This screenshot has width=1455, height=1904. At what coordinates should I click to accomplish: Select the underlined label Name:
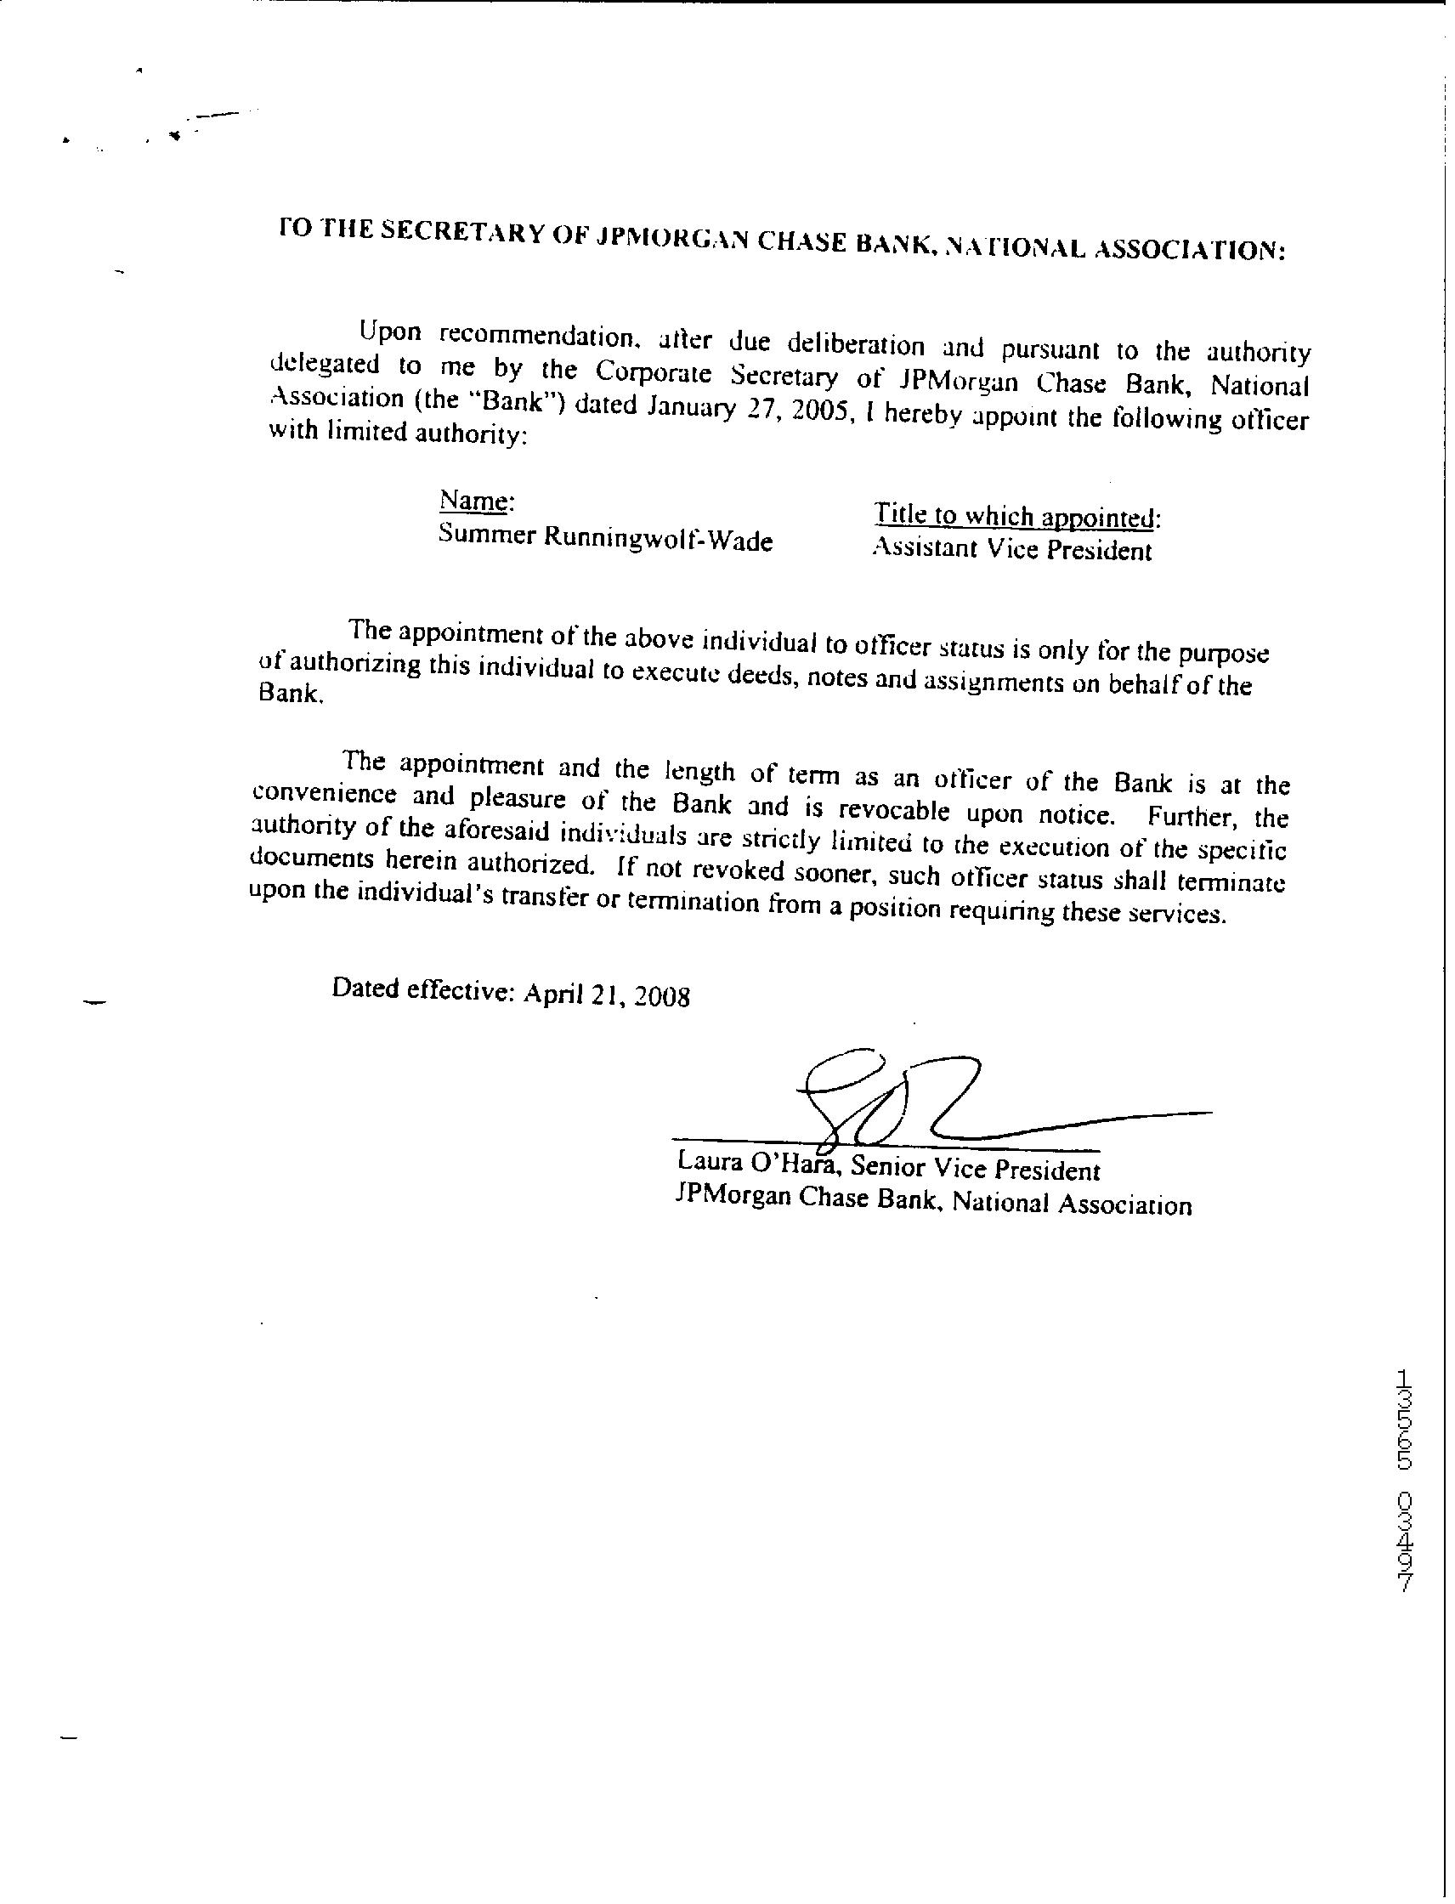(477, 501)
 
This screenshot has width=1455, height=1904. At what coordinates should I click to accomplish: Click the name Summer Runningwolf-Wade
(605, 538)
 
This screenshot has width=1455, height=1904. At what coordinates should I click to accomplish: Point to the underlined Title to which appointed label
(1015, 516)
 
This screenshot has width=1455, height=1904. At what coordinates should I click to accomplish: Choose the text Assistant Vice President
(1011, 550)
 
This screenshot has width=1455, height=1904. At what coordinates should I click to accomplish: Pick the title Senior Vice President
(975, 1170)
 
